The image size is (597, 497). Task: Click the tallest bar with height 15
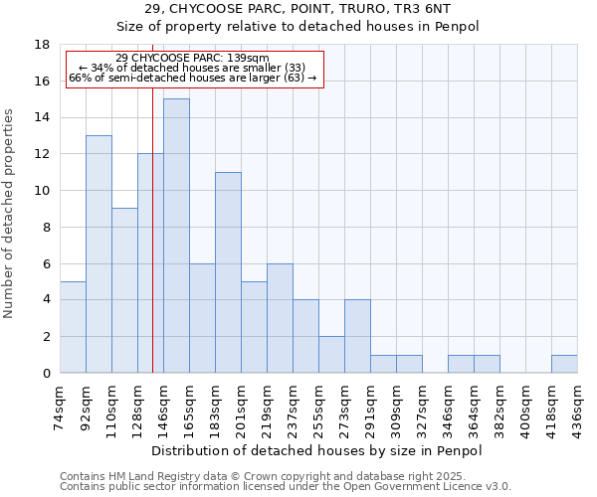tap(176, 236)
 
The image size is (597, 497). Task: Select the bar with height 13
tap(99, 253)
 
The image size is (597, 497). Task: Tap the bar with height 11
tap(228, 272)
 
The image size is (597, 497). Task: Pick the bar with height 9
tap(124, 290)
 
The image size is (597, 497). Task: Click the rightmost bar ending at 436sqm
tap(564, 364)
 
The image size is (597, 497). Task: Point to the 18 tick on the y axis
tap(43, 45)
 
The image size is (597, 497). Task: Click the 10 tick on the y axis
tap(43, 191)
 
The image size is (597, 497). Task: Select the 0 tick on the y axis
tap(46, 373)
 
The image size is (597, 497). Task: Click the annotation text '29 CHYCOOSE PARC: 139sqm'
tap(192, 59)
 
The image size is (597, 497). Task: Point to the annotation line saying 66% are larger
tap(192, 78)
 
